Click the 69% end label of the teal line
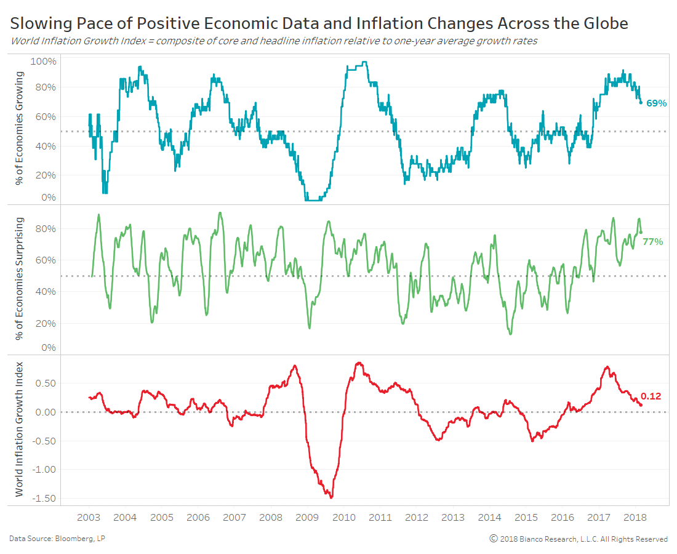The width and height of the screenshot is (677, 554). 657,103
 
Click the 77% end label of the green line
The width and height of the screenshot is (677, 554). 653,242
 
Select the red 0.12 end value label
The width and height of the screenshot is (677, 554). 651,396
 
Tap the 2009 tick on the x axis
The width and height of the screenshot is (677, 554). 307,518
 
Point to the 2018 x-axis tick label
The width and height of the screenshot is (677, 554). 635,518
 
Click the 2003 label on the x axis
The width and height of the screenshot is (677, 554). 89,518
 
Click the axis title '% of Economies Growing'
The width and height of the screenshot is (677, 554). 20,128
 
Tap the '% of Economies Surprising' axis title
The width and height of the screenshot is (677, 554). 20,278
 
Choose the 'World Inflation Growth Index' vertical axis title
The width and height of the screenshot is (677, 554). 20,429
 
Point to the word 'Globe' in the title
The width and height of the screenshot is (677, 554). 606,24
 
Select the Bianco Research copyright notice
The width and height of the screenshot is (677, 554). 579,539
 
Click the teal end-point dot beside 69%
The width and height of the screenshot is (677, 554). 641,102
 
